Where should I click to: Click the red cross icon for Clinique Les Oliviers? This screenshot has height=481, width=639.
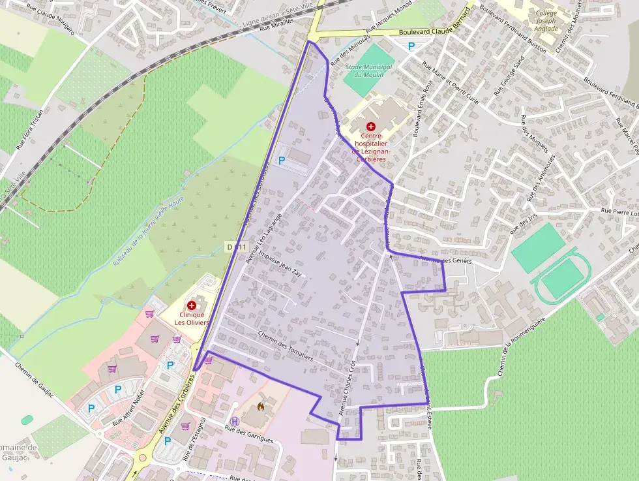[192, 305]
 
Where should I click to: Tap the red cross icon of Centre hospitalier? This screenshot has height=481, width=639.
[371, 125]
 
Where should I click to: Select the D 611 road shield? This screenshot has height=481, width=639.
[237, 247]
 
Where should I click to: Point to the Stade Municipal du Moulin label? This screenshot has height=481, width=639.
[368, 70]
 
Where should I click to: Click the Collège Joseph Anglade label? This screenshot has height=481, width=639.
[546, 20]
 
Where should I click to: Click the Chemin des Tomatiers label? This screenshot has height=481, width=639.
[286, 347]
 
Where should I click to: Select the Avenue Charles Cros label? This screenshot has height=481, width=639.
[348, 388]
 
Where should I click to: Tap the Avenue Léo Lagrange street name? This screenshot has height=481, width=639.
[264, 238]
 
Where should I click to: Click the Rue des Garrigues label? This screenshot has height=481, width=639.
[248, 433]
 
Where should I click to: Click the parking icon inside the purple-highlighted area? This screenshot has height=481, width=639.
[282, 160]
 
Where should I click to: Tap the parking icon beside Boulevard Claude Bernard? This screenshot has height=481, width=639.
[411, 46]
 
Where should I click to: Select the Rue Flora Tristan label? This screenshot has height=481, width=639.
[38, 127]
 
